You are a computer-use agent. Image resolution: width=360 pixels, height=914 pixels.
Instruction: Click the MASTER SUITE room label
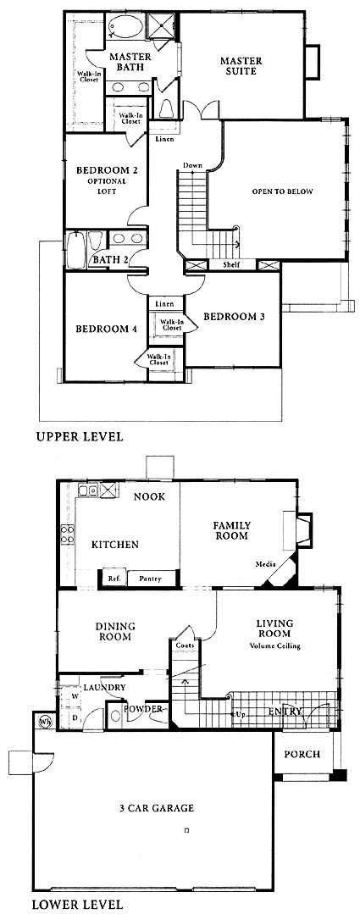(241, 66)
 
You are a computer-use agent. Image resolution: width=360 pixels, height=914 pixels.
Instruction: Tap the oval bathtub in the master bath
(125, 27)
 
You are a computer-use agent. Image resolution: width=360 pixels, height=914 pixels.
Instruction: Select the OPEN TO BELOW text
(283, 191)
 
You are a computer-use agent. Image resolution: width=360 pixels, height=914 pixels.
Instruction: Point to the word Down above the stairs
(192, 166)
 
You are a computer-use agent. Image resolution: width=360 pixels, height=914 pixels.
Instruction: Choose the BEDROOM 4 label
(107, 329)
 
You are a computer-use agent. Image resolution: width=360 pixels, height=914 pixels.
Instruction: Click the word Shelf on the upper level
(231, 265)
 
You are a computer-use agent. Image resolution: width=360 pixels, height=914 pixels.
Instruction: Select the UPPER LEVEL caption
(80, 436)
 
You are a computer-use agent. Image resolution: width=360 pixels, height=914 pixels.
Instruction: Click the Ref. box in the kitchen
(114, 579)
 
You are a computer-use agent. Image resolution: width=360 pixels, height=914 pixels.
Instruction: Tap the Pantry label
(150, 579)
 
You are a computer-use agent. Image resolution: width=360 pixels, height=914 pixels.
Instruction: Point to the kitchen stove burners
(68, 534)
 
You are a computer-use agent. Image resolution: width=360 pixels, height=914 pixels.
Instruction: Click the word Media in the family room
(266, 564)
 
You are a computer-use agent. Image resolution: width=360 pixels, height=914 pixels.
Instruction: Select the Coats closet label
(185, 645)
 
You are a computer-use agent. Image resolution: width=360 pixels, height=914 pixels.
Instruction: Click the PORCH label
(302, 754)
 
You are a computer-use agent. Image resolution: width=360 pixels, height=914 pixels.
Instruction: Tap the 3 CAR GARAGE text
(156, 808)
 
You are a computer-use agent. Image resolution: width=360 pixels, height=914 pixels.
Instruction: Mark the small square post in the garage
(186, 829)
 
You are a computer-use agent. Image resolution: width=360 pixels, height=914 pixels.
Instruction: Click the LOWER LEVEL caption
(77, 906)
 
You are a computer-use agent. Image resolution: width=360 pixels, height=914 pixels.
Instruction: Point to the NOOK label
(149, 496)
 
